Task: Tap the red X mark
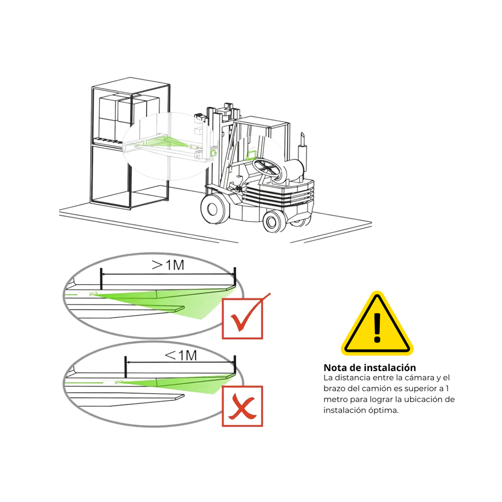pos(242,406)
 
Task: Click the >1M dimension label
pos(168,265)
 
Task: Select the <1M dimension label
pos(181,355)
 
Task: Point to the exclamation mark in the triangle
pos(377,327)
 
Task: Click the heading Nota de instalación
pos(370,367)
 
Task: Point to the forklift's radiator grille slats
pos(278,195)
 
